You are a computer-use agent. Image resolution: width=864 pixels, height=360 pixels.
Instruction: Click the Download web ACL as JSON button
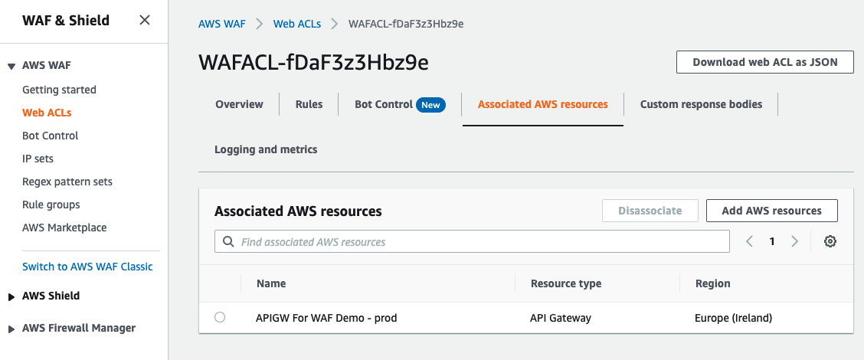coord(764,62)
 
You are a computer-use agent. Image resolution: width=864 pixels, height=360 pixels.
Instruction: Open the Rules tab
coord(309,104)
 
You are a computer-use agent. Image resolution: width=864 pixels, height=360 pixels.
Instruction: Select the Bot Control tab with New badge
coord(398,104)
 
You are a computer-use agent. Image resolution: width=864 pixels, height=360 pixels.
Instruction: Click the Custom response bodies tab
coord(701,104)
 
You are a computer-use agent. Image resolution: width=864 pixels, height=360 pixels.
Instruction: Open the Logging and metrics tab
coord(266,149)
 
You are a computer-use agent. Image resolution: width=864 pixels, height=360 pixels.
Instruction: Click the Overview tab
coord(239,104)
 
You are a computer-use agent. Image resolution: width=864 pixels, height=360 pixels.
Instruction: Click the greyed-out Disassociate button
coord(650,211)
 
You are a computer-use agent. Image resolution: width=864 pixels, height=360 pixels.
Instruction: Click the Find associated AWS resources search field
coord(472,242)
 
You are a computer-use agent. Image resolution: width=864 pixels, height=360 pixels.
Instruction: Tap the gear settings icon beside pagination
coord(830,241)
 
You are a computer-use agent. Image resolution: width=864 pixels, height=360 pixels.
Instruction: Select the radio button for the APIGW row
coord(220,317)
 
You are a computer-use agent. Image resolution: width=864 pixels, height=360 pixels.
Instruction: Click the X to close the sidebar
coord(144,21)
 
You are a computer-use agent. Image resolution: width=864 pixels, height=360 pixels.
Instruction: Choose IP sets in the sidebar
coord(38,159)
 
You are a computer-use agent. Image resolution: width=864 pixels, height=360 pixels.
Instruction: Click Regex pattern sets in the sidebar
coord(67,182)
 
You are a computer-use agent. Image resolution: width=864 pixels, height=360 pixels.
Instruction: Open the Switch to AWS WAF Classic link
coord(87,267)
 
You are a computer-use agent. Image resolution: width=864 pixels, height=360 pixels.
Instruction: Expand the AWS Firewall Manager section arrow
coord(11,329)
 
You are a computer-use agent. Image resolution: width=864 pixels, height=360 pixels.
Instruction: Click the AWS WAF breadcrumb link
coord(222,24)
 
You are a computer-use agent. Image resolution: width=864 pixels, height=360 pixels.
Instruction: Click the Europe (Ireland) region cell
coord(733,318)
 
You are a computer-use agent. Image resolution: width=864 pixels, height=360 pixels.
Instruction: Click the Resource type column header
coord(566,283)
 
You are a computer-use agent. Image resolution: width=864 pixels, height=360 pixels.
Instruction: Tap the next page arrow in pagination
coord(794,241)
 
